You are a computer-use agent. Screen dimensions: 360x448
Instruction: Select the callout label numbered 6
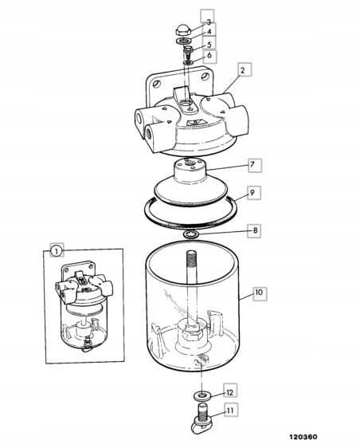pyautogui.click(x=209, y=56)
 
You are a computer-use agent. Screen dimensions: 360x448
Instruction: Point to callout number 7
pyautogui.click(x=254, y=165)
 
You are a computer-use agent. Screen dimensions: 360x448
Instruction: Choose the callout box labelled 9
pyautogui.click(x=253, y=193)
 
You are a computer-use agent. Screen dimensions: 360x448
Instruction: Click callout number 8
pyautogui.click(x=254, y=230)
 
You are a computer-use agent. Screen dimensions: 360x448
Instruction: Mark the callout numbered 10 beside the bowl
pyautogui.click(x=260, y=293)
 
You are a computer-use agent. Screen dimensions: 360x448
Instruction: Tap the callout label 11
pyautogui.click(x=231, y=410)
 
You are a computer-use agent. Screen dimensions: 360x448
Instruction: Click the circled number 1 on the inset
pyautogui.click(x=57, y=250)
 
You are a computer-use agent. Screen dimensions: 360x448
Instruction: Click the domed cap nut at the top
pyautogui.click(x=182, y=29)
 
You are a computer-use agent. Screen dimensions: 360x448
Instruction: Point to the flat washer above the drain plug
pyautogui.click(x=203, y=395)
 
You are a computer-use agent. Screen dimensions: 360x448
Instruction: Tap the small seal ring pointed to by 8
pyautogui.click(x=190, y=234)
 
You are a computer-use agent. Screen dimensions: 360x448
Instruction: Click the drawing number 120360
pyautogui.click(x=303, y=437)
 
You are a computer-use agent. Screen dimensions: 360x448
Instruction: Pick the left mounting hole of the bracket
pyautogui.click(x=156, y=84)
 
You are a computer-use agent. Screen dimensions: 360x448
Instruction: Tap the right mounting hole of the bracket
pyautogui.click(x=205, y=77)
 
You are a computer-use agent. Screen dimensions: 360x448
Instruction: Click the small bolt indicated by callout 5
pyautogui.click(x=187, y=53)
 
